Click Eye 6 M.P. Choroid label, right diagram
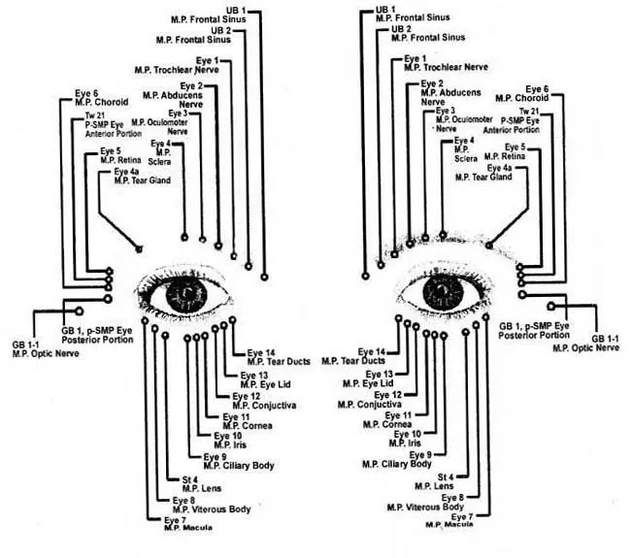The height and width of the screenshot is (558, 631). (530, 93)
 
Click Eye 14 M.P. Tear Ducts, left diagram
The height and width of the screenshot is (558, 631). (274, 356)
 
